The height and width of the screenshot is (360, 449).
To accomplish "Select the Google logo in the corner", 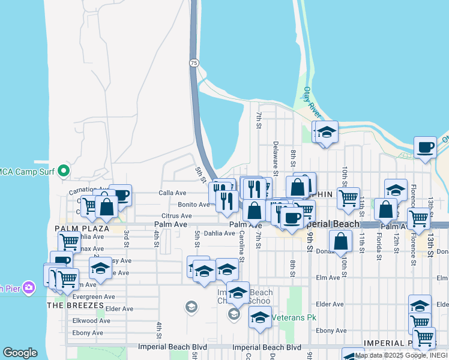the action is [20, 353].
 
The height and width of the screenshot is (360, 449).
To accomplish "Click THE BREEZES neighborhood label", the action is [76, 305].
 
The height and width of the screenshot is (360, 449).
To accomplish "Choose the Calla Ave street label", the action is [172, 193].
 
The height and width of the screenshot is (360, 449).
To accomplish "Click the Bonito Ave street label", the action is [193, 205].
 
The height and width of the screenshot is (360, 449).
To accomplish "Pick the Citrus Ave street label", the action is [176, 216].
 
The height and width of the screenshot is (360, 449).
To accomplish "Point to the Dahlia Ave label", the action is [219, 233].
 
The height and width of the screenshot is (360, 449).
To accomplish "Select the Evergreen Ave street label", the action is [94, 296].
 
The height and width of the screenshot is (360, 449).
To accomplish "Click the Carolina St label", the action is [242, 247].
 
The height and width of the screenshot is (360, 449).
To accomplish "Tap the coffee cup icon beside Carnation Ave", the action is [120, 194].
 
